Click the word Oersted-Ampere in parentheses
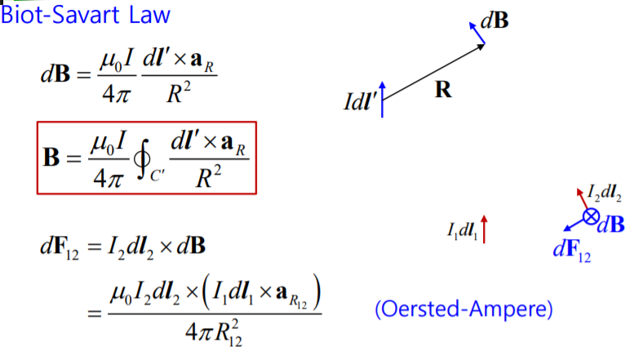[463, 309]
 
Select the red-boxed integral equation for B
[147, 158]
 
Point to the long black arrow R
[432, 70]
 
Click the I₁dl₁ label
[462, 231]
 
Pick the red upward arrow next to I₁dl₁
[485, 229]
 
